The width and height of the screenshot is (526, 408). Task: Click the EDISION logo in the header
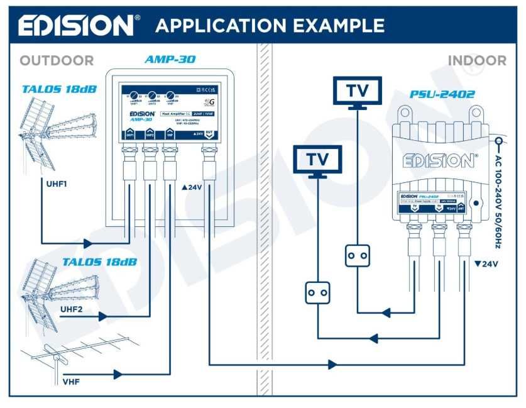pos(75,25)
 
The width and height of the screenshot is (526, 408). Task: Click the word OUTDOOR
pos(57,61)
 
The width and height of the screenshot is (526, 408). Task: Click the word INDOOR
pos(476,61)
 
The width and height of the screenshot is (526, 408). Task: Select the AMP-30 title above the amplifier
pos(170,60)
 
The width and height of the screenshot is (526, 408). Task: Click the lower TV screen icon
pos(318,160)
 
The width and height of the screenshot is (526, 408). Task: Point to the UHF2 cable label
pos(72,309)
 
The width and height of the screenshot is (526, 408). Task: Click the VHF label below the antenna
pos(71,381)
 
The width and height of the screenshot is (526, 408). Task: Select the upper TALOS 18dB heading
pos(59,89)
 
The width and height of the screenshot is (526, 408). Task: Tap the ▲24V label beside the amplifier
pos(192,187)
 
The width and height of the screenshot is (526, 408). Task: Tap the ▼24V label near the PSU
pos(486,264)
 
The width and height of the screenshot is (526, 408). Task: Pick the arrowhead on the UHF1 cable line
pos(85,243)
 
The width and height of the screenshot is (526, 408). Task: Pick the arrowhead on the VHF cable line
pos(117,375)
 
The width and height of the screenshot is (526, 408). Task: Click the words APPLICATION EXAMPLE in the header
pos(270,26)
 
